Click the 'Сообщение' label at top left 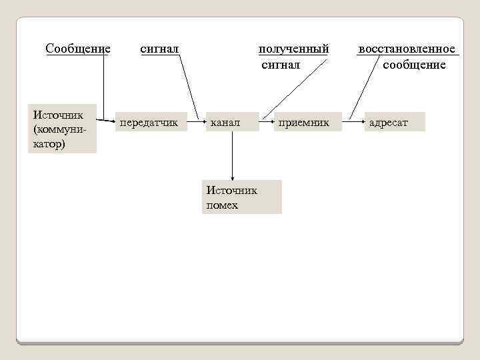[77, 49]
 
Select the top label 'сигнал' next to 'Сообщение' [159, 49]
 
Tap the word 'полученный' [293, 49]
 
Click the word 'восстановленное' [407, 49]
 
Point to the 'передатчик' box [149, 123]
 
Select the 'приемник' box [304, 123]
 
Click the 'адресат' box [393, 123]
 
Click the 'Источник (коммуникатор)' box [62, 128]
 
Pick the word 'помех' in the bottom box [222, 205]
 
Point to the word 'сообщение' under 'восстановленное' [414, 65]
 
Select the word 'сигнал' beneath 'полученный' [281, 65]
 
